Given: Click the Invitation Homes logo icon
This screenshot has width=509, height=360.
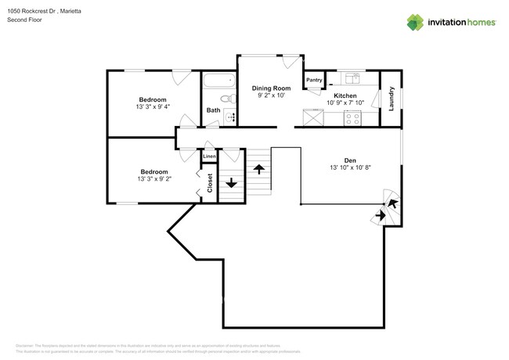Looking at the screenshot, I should pyautogui.click(x=416, y=22).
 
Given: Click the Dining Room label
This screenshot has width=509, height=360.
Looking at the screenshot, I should pyautogui.click(x=271, y=88).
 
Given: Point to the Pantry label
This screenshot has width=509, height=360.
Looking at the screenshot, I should pyautogui.click(x=314, y=80).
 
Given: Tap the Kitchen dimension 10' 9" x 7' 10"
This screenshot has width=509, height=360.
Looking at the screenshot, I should pyautogui.click(x=345, y=103).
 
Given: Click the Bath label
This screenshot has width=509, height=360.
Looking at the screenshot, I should pyautogui.click(x=213, y=110).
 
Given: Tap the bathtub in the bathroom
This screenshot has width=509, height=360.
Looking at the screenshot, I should pyautogui.click(x=219, y=81).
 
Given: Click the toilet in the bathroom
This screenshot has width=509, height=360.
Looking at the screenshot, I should pyautogui.click(x=226, y=99).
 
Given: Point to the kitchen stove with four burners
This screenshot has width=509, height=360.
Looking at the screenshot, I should pyautogui.click(x=352, y=119).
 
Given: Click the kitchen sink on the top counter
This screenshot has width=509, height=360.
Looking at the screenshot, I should pyautogui.click(x=352, y=77).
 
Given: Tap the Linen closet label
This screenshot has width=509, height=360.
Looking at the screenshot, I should pyautogui.click(x=208, y=157).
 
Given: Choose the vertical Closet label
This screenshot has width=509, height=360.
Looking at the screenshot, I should pyautogui.click(x=210, y=182).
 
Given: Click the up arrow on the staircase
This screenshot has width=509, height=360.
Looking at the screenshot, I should pyautogui.click(x=258, y=169).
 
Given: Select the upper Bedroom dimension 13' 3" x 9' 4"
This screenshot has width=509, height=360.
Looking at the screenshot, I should pyautogui.click(x=153, y=107).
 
